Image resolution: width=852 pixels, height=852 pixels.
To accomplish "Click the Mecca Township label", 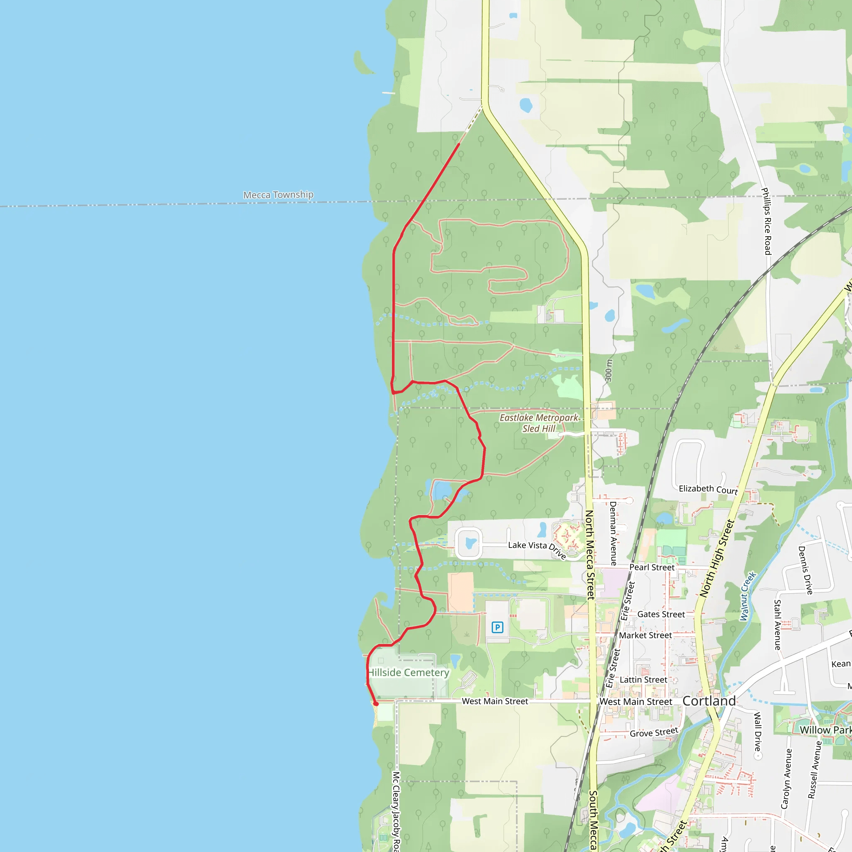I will [x=278, y=194].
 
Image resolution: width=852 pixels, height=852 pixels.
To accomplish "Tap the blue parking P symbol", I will [x=498, y=627].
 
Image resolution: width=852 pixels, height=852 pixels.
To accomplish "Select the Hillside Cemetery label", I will [x=409, y=673].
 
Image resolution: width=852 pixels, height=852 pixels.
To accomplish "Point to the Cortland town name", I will [x=708, y=701].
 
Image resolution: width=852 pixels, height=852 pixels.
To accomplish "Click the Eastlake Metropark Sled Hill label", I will [x=539, y=423].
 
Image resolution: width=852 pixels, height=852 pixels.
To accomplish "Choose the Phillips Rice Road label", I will [x=767, y=221].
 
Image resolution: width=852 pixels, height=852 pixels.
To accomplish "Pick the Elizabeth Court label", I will [x=708, y=489].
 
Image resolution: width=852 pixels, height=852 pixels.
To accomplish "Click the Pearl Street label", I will [x=652, y=567].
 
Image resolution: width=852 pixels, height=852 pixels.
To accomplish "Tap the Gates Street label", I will [x=661, y=614].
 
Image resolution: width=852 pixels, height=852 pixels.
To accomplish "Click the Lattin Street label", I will [x=644, y=680].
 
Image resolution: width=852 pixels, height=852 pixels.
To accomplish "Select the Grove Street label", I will [x=654, y=733].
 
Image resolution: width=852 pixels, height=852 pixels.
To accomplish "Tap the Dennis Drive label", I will [x=805, y=570].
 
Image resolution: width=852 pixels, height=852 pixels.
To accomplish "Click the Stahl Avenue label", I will [x=778, y=624].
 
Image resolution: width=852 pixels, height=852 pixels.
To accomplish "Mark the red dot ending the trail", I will [x=376, y=704].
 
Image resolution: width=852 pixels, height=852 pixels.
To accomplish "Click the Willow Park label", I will [x=825, y=730].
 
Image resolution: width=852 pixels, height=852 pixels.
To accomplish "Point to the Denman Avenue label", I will [x=613, y=533].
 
